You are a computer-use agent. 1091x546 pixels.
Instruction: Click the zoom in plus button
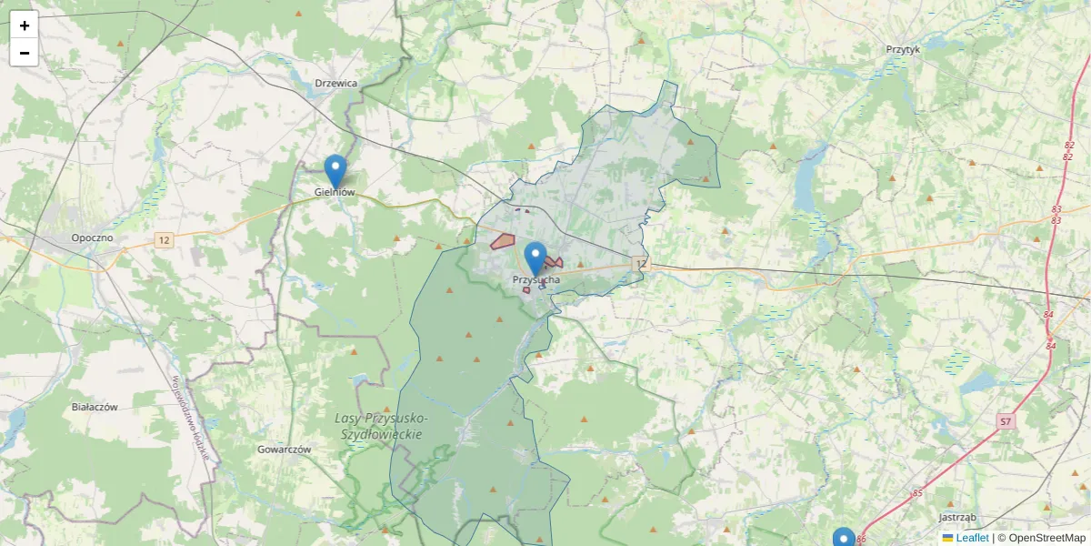pyautogui.click(x=24, y=25)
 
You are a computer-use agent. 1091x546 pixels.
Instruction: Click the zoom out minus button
pyautogui.click(x=24, y=53)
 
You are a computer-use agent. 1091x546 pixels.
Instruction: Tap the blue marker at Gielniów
pyautogui.click(x=335, y=171)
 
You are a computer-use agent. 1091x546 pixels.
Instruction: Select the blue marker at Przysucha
pyautogui.click(x=536, y=258)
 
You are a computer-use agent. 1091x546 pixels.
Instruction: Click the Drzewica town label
pyautogui.click(x=335, y=83)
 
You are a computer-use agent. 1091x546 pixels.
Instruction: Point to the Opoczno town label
pyautogui.click(x=93, y=238)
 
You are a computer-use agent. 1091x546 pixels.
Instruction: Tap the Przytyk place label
pyautogui.click(x=903, y=50)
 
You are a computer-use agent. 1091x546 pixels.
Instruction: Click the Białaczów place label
pyautogui.click(x=95, y=407)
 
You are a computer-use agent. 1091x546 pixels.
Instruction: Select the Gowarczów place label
pyautogui.click(x=285, y=450)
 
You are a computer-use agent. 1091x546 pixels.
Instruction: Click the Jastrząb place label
pyautogui.click(x=956, y=517)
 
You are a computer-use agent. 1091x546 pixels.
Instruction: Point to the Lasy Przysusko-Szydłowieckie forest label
pyautogui.click(x=381, y=426)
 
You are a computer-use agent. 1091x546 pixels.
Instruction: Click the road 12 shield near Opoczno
pyautogui.click(x=164, y=240)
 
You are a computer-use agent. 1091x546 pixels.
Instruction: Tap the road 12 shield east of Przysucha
pyautogui.click(x=642, y=264)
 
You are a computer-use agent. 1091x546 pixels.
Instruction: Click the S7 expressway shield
pyautogui.click(x=1005, y=421)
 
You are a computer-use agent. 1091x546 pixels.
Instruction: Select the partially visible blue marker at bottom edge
pyautogui.click(x=844, y=538)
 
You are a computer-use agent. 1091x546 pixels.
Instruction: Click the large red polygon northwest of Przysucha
pyautogui.click(x=503, y=241)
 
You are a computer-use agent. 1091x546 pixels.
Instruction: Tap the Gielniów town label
pyautogui.click(x=334, y=192)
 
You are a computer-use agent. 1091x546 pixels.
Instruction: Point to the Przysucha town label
pyautogui.click(x=536, y=280)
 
